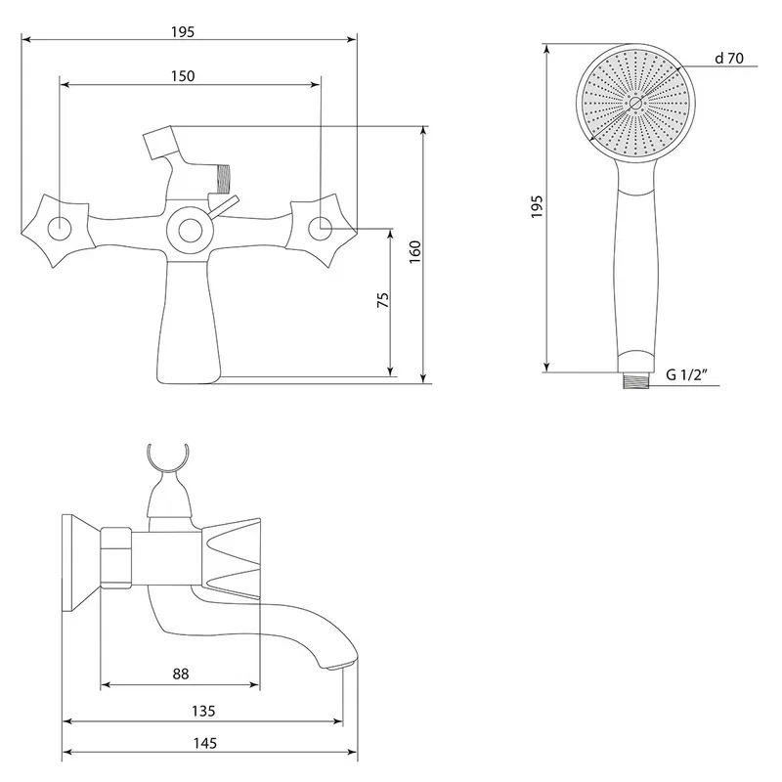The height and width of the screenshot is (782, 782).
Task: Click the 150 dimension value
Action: coord(183,76)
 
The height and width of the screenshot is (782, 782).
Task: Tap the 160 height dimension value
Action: coord(414,252)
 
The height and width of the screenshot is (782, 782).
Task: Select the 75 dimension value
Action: coord(382,300)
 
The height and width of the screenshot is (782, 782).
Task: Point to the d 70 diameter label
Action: coord(728,59)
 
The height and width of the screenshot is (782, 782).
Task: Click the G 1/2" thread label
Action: coord(687,374)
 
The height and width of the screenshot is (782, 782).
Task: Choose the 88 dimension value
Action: coord(181,673)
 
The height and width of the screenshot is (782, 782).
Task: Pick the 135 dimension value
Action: coord(203,711)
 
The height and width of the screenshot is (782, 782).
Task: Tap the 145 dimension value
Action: coord(205,743)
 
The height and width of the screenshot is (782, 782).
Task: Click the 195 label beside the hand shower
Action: coord(537,206)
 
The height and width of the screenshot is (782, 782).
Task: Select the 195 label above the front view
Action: coord(183,32)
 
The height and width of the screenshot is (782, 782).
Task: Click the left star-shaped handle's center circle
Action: coord(60,229)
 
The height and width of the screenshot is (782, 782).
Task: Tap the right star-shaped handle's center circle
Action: coord(321,229)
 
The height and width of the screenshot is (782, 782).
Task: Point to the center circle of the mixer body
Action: coord(190,231)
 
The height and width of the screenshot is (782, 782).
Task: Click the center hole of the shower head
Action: coord(635,104)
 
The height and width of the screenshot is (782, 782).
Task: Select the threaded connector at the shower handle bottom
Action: coord(636,382)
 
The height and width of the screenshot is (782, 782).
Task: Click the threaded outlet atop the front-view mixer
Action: coord(222,179)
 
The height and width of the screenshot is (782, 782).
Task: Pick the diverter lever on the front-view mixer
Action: coord(223,206)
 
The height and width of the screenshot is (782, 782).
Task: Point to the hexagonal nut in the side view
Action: coord(116,557)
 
